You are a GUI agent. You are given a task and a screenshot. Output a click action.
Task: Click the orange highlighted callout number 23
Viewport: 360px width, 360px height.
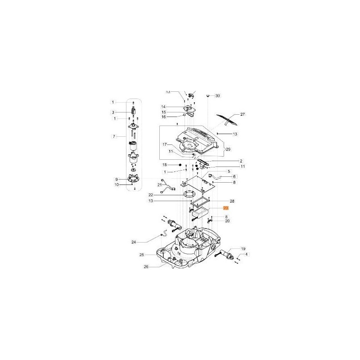(x=226, y=209)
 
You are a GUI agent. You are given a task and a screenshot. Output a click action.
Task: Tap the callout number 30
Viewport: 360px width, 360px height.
(x=218, y=96)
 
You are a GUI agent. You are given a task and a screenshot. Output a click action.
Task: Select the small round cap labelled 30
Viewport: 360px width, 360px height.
(x=208, y=95)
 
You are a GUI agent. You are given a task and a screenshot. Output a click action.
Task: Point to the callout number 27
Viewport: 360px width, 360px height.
(x=243, y=114)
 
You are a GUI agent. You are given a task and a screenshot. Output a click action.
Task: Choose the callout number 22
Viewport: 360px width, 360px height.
(x=151, y=195)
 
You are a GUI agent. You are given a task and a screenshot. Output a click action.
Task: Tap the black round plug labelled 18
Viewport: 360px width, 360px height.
(x=180, y=166)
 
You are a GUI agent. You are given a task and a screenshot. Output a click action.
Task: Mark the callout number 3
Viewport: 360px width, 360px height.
(x=113, y=112)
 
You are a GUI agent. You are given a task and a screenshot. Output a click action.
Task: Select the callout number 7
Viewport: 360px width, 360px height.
(x=113, y=135)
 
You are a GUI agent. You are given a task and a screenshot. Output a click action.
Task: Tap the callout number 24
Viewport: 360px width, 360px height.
(x=133, y=243)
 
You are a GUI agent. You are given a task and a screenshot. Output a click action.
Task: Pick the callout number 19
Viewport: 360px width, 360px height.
(x=243, y=249)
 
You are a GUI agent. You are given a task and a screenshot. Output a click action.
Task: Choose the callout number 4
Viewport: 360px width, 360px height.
(x=246, y=255)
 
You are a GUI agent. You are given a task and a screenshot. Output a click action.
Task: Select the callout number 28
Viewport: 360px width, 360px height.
(x=232, y=201)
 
